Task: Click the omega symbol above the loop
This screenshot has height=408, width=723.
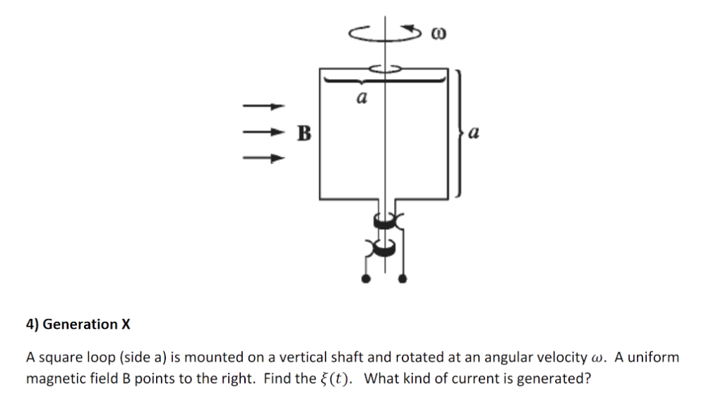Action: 438,33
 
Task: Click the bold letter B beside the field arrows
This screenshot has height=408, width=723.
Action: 304,132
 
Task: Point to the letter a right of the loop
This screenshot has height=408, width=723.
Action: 474,132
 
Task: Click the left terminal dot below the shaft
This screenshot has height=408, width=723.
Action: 365,279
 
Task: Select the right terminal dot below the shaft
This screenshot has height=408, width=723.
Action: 403,279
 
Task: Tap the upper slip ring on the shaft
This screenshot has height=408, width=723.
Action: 384,223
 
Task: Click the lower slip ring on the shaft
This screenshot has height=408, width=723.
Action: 384,247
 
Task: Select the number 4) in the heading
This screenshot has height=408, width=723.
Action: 32,325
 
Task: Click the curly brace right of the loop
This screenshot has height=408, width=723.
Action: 459,132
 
